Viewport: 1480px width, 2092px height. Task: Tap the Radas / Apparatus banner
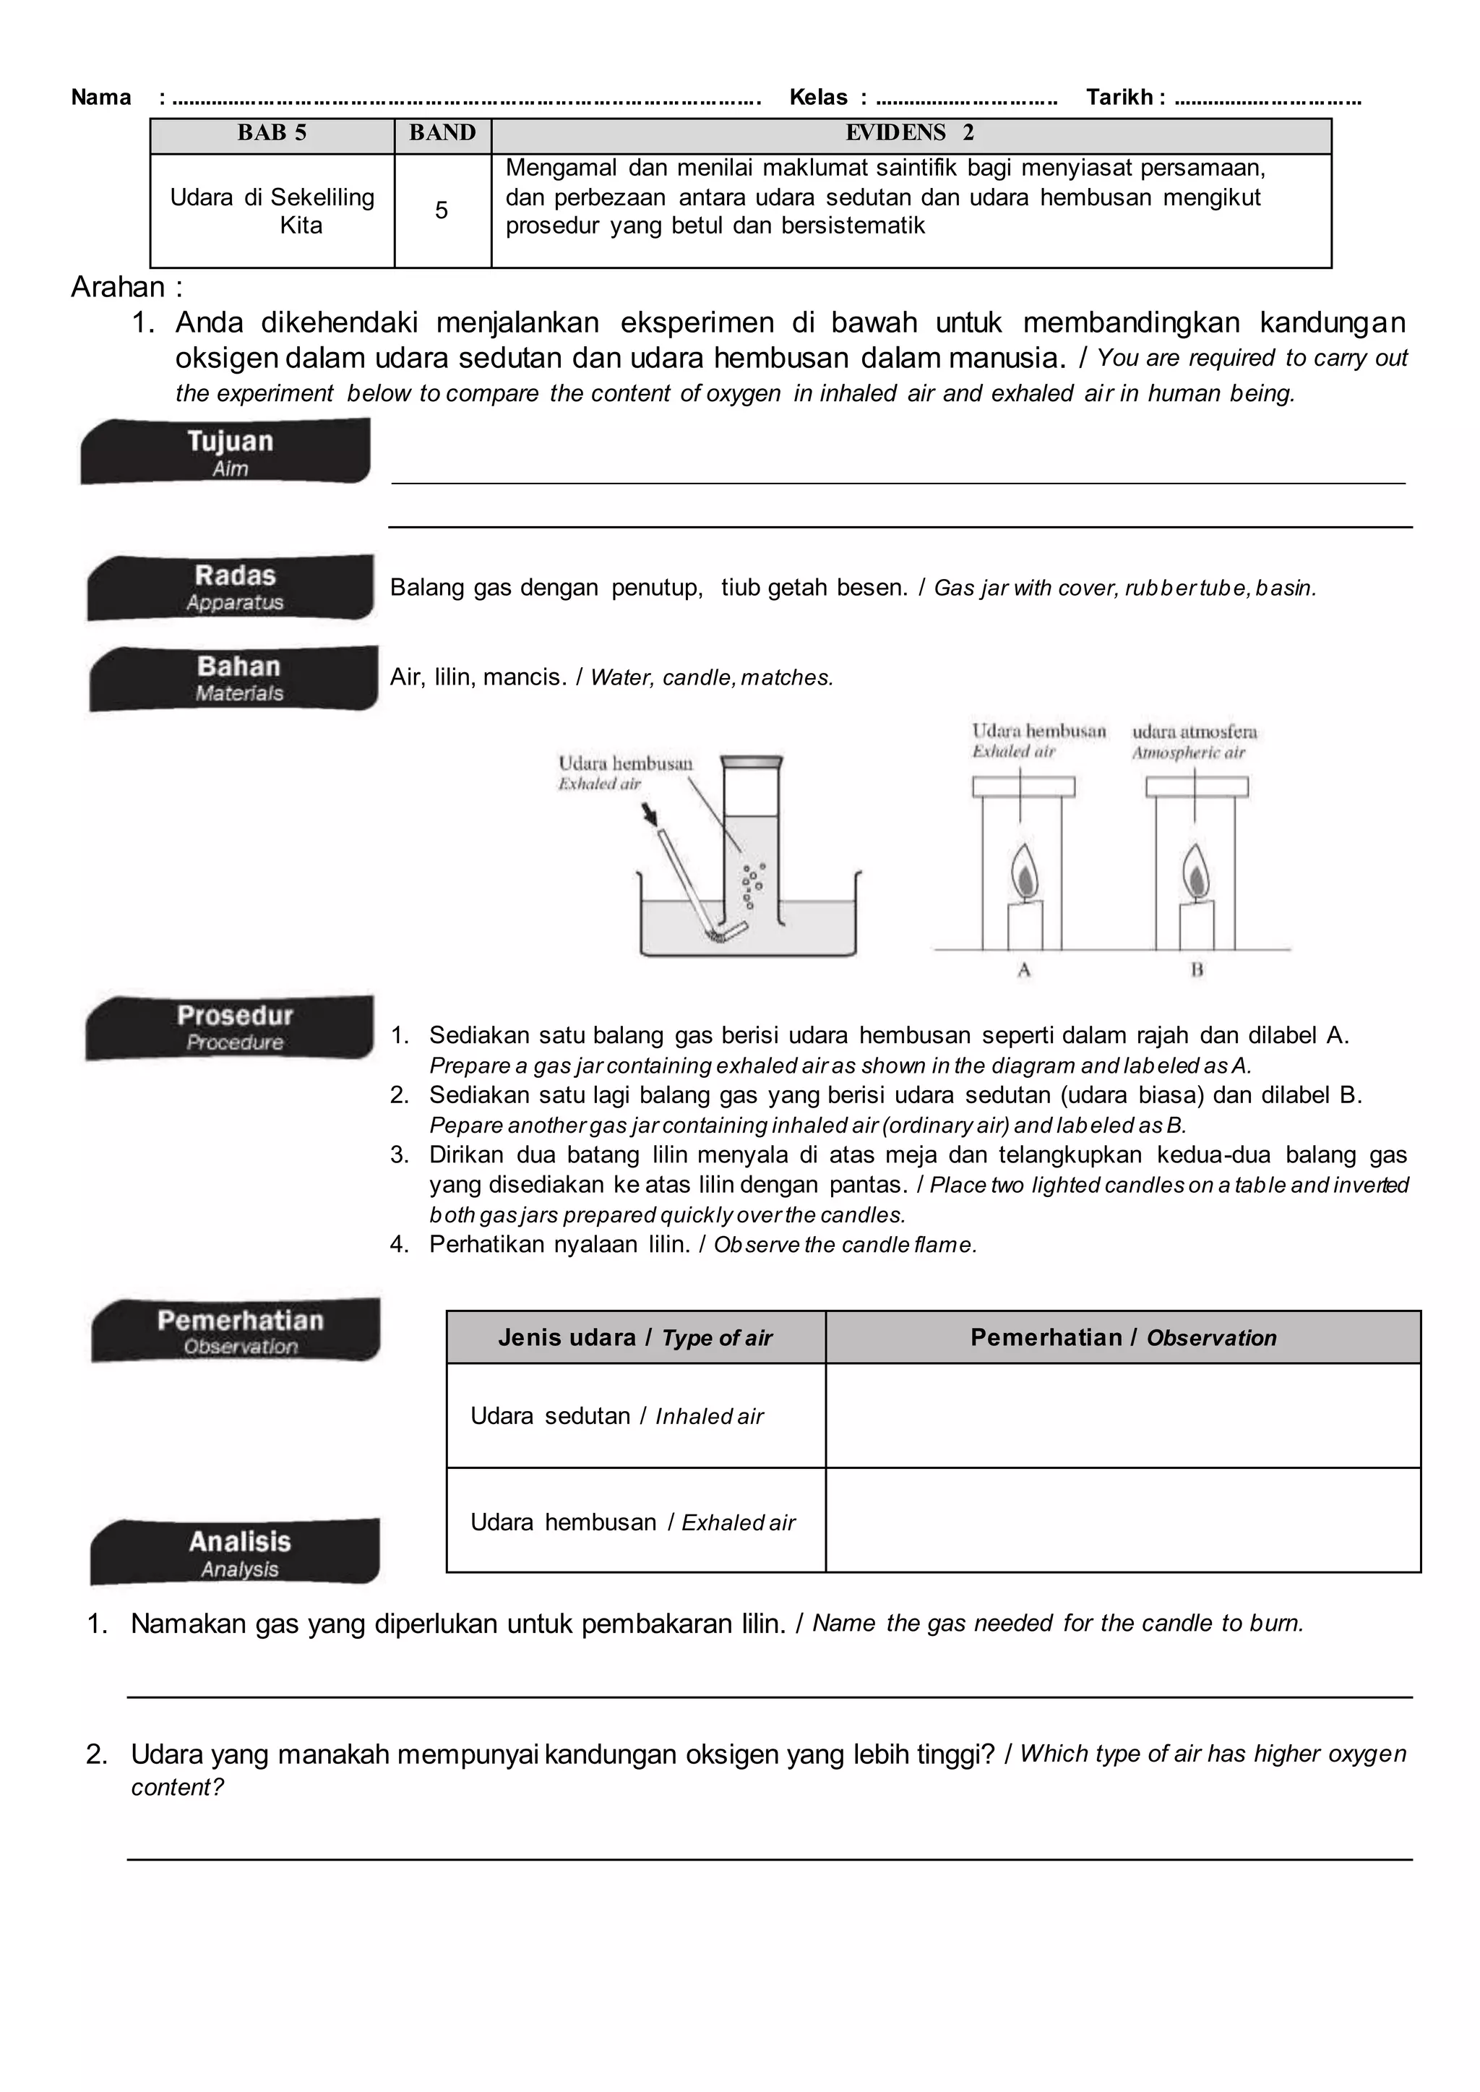point(231,587)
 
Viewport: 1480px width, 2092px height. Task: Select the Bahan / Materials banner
point(234,678)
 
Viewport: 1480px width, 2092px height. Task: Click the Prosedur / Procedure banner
point(231,1027)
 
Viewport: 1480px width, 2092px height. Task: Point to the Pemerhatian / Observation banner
point(237,1330)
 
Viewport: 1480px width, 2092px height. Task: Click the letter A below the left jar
point(1023,970)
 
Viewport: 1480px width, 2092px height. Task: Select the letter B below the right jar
point(1197,970)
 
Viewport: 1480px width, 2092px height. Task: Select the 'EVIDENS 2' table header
point(910,133)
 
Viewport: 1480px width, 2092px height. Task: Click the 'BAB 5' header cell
point(272,133)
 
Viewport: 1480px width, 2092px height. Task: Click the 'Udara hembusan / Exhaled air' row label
point(632,1522)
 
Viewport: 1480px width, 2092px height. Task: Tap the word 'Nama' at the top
point(101,98)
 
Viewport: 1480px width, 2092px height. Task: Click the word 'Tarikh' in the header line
point(1119,98)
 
